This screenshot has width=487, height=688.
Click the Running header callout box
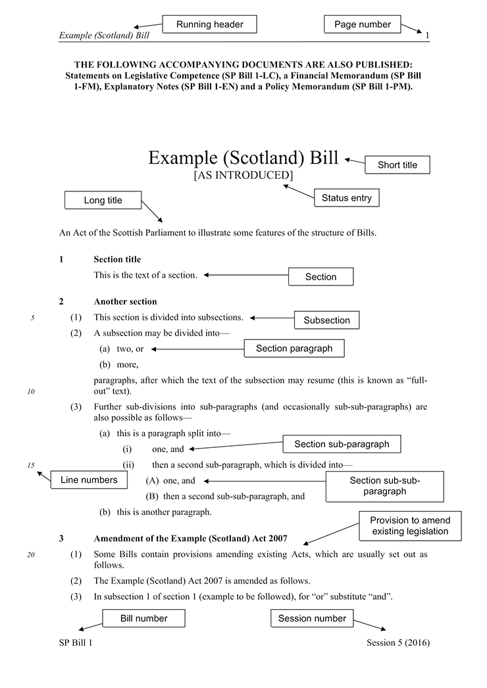tap(209, 24)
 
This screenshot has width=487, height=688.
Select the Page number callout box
tap(362, 24)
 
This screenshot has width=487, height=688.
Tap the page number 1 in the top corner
tap(427, 36)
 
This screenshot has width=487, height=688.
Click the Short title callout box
tap(397, 165)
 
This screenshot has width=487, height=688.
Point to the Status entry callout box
tap(346, 198)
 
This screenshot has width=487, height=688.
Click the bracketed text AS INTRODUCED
tap(243, 176)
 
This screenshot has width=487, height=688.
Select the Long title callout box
tap(103, 201)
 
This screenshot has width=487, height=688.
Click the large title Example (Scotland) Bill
tap(243, 158)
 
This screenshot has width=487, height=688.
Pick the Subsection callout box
tap(326, 320)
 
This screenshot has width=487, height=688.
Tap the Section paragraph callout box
tap(294, 349)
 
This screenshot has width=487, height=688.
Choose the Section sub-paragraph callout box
tap(342, 444)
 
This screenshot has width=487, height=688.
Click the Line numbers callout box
tap(89, 480)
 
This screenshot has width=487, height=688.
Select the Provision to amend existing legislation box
tap(409, 526)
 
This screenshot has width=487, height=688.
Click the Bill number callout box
tap(143, 618)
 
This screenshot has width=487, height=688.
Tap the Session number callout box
tap(311, 618)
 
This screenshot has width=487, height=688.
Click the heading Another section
tap(125, 302)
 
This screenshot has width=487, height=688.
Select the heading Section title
tap(117, 260)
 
